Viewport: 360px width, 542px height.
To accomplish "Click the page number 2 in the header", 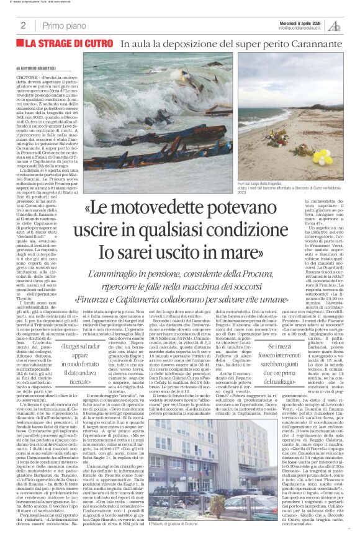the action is [x=23, y=25].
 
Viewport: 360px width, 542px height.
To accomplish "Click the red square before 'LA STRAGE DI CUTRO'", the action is [x=21, y=44].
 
